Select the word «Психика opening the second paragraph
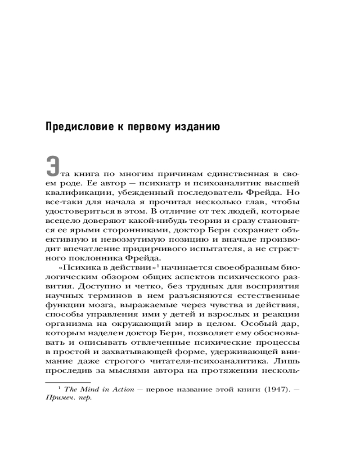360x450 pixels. click(72, 269)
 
